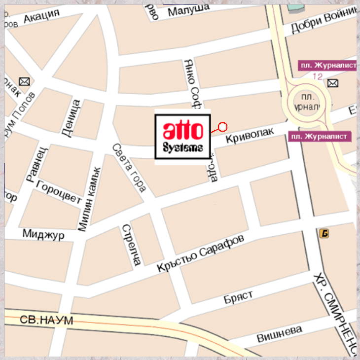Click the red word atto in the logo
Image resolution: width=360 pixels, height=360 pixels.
tap(183, 130)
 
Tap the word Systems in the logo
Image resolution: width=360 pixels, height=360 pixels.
tap(183, 148)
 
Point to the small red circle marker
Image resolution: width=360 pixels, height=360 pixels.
tap(222, 127)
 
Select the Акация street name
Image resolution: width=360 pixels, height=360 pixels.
tap(41, 17)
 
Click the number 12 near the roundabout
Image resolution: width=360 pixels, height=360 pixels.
tap(317, 76)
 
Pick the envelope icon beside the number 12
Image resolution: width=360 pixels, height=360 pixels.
tap(333, 82)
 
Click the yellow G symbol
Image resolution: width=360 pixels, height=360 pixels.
tap(324, 233)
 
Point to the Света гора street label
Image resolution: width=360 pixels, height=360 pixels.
tap(129, 167)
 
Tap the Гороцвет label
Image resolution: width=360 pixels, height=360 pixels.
tap(59, 193)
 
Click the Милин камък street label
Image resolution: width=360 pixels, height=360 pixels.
tap(90, 198)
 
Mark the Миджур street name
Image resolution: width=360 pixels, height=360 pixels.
tap(43, 234)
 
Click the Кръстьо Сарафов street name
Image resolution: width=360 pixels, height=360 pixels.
tap(201, 253)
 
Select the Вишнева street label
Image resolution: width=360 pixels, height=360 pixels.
tap(279, 335)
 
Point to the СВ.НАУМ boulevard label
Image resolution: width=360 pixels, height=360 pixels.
tap(46, 320)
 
